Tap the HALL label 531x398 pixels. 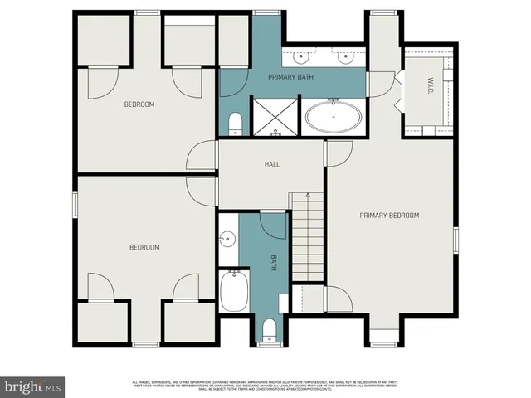pyautogui.click(x=272, y=164)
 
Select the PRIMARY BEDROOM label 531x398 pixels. pyautogui.click(x=389, y=216)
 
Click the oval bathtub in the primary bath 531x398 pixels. pyautogui.click(x=333, y=118)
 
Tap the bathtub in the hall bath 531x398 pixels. pyautogui.click(x=232, y=293)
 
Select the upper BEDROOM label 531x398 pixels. pyautogui.click(x=139, y=104)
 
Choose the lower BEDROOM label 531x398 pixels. pyautogui.click(x=144, y=247)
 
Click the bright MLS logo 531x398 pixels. pyautogui.click(x=33, y=386)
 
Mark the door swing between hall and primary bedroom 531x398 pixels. pyautogui.click(x=339, y=153)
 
